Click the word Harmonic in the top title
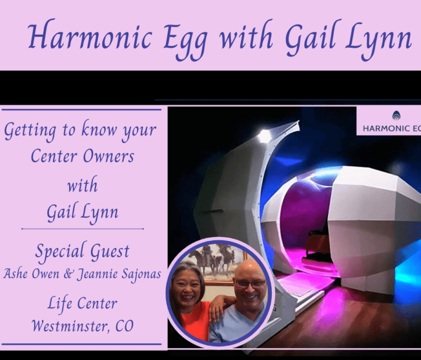tap(90, 36)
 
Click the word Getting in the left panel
tap(30, 131)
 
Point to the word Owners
tap(109, 156)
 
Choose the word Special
tap(60, 252)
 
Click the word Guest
tap(110, 252)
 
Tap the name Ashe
tap(16, 274)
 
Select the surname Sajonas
tap(141, 274)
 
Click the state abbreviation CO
tap(124, 326)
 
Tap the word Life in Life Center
tap(60, 303)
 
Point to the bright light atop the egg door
tap(264, 135)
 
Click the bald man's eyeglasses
tap(250, 283)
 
